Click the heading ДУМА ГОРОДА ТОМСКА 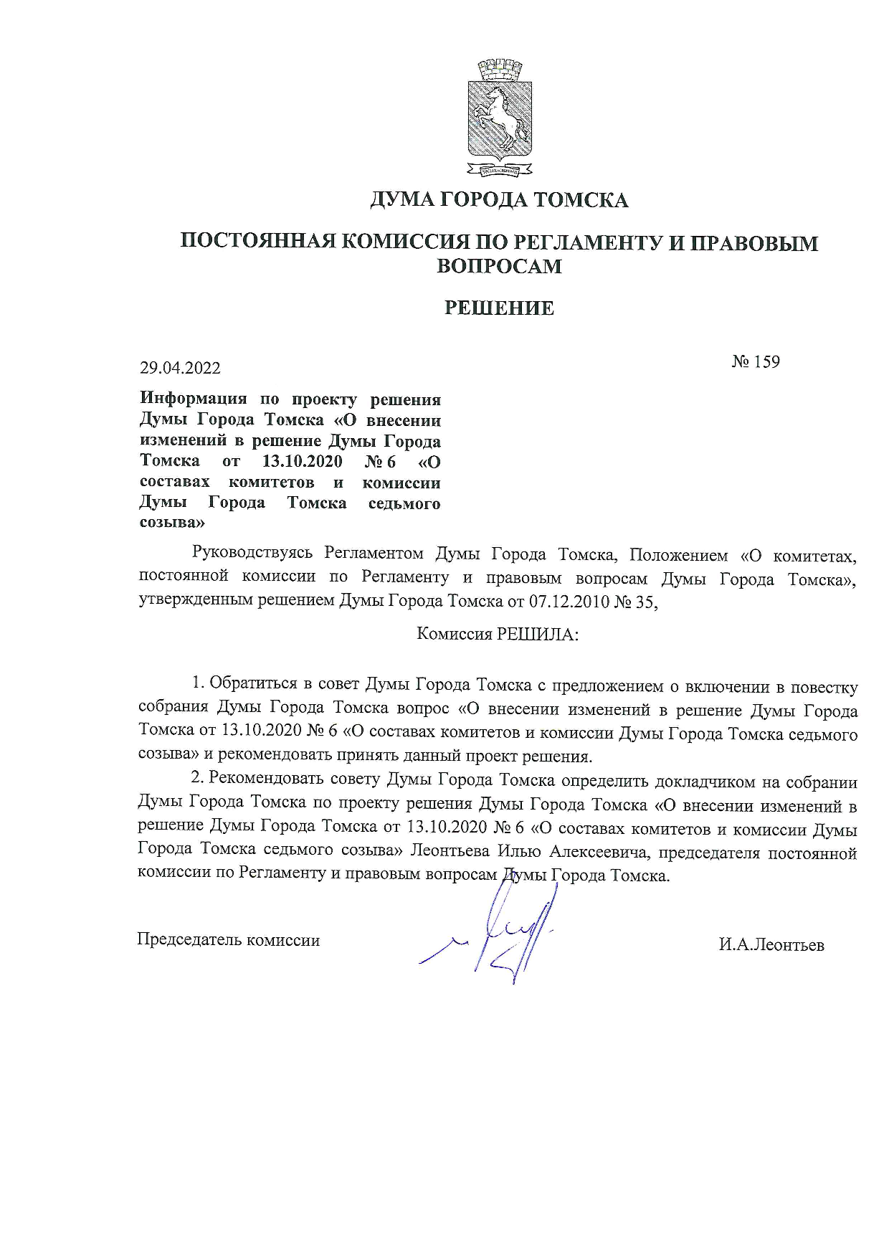[x=499, y=200]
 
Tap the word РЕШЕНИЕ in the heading [x=499, y=308]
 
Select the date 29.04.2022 [x=180, y=368]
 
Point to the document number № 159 [x=756, y=361]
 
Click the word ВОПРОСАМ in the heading [x=499, y=266]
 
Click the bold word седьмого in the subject [x=404, y=503]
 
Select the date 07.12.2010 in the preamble [x=566, y=601]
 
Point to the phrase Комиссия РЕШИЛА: [x=498, y=634]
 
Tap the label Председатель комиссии [x=229, y=939]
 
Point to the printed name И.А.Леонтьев [x=771, y=945]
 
